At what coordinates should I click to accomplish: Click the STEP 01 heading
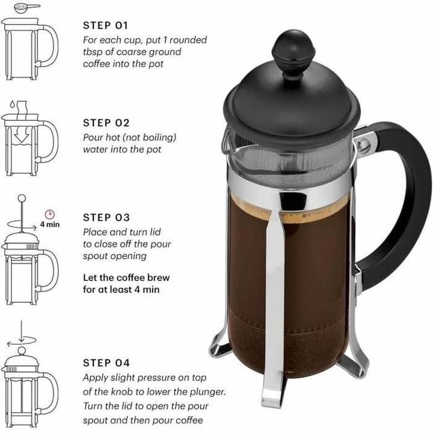point(105,25)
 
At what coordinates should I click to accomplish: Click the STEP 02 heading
point(106,122)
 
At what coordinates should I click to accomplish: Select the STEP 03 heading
point(106,217)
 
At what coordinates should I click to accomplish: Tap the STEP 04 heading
point(106,363)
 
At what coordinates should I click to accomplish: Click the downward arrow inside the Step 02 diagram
point(22,138)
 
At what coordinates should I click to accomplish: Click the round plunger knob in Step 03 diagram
point(22,198)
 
